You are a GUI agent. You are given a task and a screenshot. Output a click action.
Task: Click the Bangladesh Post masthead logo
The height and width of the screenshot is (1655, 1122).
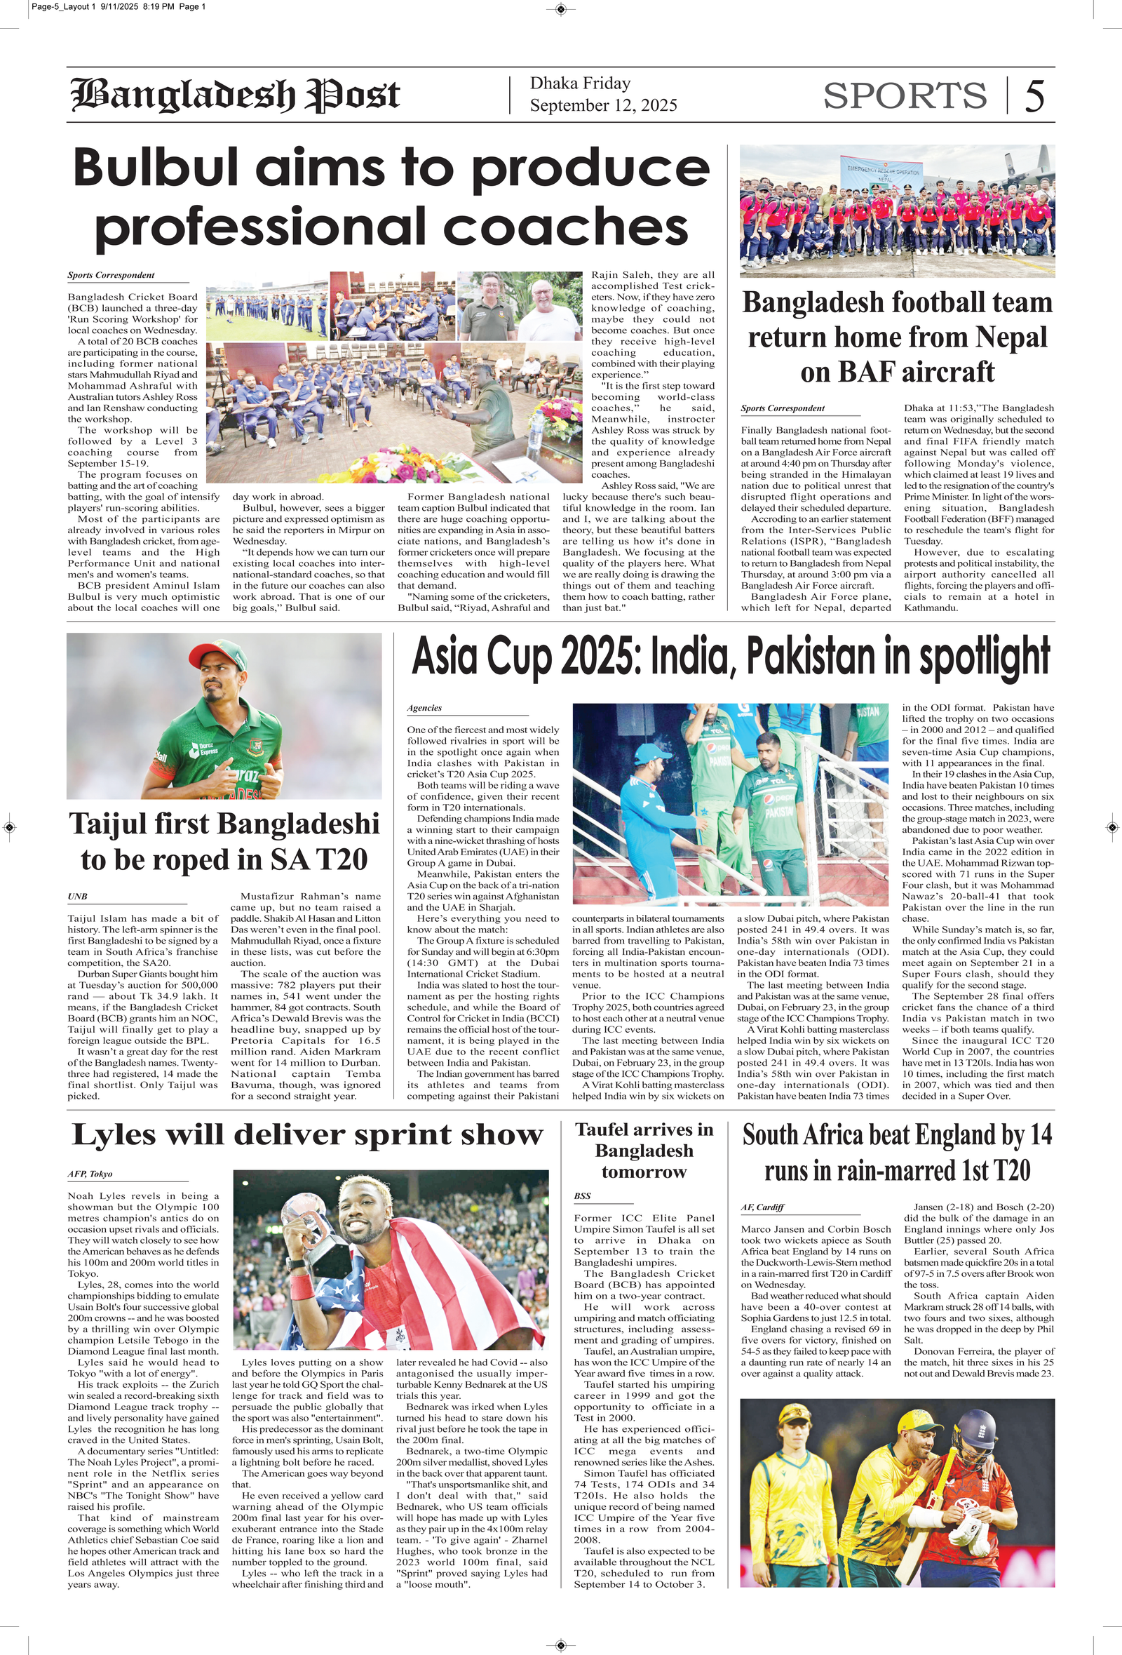(x=235, y=95)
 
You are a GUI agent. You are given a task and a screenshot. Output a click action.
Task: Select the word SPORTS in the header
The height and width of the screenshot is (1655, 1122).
(x=905, y=95)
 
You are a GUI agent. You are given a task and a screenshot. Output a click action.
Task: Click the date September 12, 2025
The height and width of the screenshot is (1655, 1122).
(x=603, y=105)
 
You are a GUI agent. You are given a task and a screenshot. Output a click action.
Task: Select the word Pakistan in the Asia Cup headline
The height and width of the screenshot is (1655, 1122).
(x=811, y=656)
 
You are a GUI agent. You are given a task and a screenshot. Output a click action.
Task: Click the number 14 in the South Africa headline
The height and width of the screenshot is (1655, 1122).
(x=1037, y=1135)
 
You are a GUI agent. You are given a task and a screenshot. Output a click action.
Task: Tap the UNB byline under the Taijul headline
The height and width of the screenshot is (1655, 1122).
(x=77, y=897)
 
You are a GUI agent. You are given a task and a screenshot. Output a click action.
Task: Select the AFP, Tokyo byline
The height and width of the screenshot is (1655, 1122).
(x=90, y=1174)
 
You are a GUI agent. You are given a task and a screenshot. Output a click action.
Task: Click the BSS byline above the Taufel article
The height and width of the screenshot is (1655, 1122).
(x=582, y=1195)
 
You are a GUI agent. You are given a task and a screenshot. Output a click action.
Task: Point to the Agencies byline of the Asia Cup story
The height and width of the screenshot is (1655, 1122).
(x=424, y=708)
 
